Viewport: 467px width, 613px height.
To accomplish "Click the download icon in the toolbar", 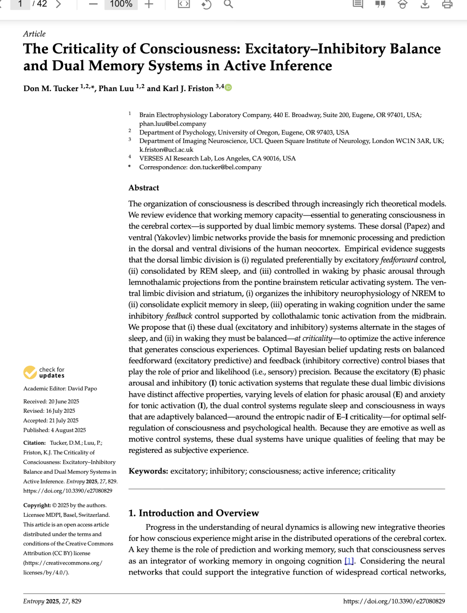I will click(425, 4).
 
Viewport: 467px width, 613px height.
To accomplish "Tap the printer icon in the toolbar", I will click(447, 4).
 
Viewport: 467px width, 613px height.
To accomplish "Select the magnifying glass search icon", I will click(228, 4).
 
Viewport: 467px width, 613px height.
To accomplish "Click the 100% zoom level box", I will click(121, 4).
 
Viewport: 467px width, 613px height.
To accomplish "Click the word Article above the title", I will click(34, 34).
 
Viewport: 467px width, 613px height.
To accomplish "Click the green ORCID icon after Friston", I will click(228, 88).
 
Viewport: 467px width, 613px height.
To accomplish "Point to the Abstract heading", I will click(144, 188).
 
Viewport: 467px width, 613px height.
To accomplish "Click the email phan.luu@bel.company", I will click(173, 123).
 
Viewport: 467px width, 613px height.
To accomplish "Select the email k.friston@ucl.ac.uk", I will click(166, 149).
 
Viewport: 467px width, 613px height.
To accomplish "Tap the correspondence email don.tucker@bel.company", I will click(225, 167).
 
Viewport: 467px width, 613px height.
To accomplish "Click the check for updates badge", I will click(44, 372).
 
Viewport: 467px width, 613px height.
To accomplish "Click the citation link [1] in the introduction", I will click(349, 561).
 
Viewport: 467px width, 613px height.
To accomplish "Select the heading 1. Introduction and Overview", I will click(193, 513).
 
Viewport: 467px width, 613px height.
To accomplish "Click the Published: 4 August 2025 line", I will click(54, 430).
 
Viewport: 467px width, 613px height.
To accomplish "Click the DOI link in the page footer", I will click(394, 601).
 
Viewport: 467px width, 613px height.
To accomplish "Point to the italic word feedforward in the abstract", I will click(399, 260).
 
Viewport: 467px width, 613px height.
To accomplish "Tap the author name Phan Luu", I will click(116, 88).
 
